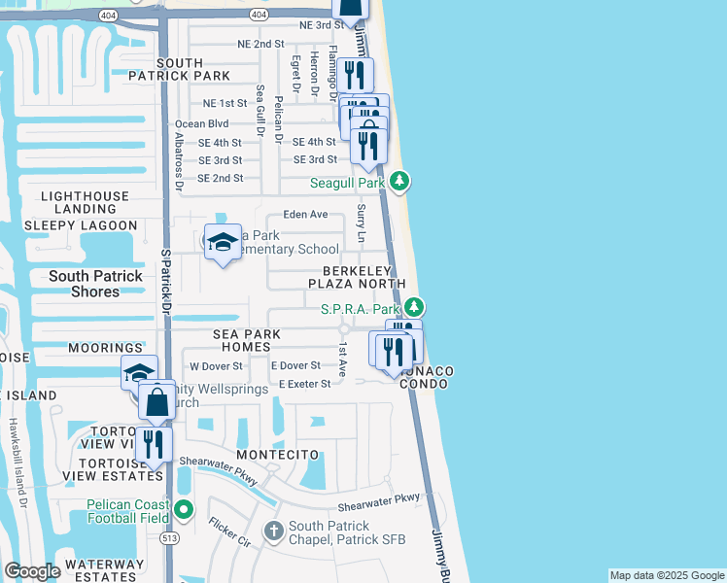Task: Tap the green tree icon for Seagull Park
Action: [x=399, y=182]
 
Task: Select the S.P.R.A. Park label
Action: [x=360, y=309]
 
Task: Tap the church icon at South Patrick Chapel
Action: [x=275, y=532]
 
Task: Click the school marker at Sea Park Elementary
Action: [x=223, y=243]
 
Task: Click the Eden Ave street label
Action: [x=305, y=214]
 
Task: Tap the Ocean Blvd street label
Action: [x=201, y=123]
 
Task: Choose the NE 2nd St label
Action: [x=260, y=44]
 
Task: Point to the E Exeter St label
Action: [x=304, y=384]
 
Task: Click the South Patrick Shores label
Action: [x=95, y=283]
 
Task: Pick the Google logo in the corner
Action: [x=32, y=571]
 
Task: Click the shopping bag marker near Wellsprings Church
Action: [x=156, y=400]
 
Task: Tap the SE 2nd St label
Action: [x=221, y=178]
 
